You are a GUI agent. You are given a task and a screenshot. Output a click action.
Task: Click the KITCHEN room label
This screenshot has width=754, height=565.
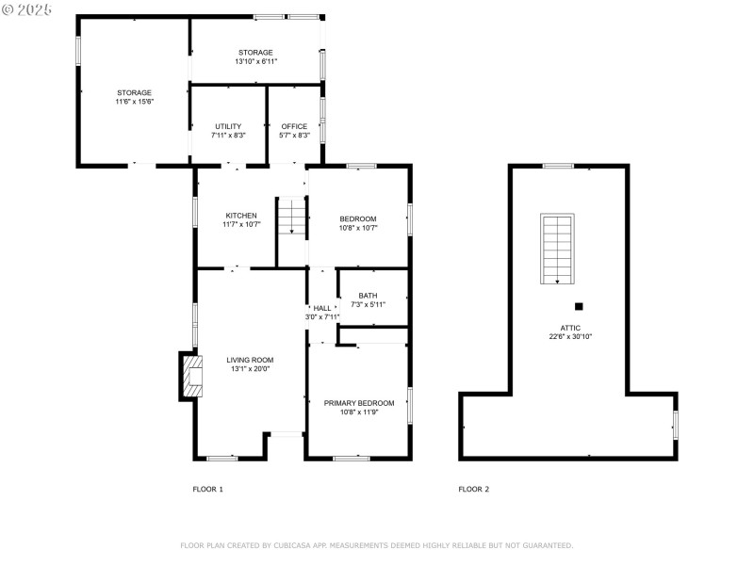[240, 215]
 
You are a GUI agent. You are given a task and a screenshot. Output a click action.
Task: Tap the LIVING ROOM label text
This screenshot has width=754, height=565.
[250, 359]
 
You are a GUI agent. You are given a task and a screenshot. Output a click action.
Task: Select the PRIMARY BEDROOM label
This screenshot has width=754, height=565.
[359, 402]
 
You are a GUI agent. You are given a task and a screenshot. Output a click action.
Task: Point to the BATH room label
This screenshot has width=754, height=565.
[368, 295]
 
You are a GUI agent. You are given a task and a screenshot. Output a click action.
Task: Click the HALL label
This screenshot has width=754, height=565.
[322, 308]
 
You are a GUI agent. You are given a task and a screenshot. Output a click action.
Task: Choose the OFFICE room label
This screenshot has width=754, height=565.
[294, 126]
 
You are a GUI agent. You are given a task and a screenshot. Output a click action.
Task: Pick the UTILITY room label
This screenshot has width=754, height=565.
[228, 126]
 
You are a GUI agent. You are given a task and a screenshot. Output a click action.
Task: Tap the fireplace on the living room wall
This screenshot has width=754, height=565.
[192, 377]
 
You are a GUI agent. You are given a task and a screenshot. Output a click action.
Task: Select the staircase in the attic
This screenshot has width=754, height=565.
[557, 249]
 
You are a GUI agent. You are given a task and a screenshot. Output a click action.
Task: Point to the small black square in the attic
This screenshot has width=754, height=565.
[579, 305]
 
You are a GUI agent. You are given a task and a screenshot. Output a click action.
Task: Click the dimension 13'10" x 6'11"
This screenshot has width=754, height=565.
[255, 62]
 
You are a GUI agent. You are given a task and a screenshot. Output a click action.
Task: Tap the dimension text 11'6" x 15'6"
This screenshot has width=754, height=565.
[134, 102]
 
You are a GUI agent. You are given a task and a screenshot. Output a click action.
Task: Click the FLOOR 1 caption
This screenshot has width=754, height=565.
[208, 489]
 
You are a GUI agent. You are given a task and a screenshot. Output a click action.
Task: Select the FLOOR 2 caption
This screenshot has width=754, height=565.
[474, 489]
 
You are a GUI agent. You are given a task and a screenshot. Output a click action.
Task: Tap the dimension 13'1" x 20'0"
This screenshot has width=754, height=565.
[250, 369]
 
